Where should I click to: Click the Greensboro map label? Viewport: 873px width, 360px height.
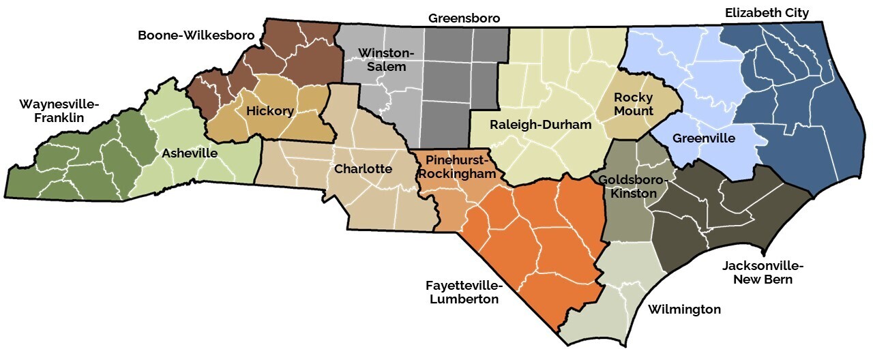[464, 18]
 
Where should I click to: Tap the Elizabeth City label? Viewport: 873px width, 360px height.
[767, 13]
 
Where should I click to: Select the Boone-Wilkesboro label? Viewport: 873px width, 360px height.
[196, 34]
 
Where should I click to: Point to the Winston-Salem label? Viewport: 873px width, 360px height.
[382, 60]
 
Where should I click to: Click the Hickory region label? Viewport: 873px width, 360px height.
[270, 110]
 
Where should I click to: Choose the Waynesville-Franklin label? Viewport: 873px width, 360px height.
[59, 110]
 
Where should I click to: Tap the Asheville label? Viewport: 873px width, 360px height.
[190, 153]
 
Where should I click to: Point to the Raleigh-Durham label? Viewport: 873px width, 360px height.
[540, 125]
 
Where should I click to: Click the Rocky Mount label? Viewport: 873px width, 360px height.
[634, 104]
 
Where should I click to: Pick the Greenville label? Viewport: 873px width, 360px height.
[703, 138]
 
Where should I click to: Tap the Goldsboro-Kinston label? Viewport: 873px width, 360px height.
[628, 186]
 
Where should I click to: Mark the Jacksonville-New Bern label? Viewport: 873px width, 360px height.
[763, 272]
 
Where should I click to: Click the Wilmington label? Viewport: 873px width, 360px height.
[684, 310]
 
